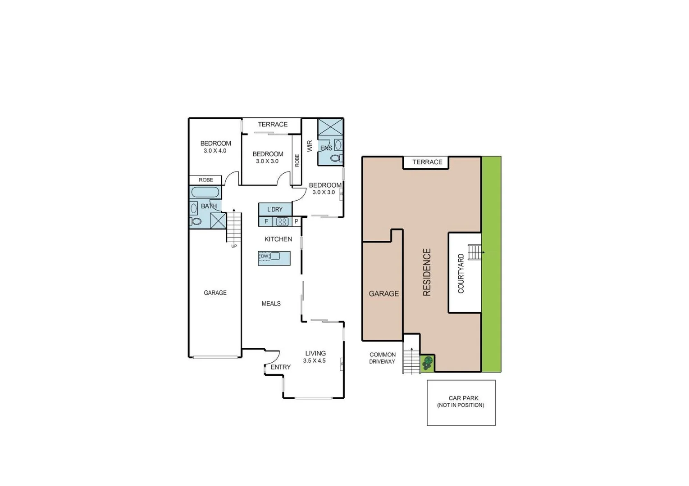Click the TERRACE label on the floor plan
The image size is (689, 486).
click(x=273, y=125)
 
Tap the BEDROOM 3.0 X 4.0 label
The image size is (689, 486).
click(x=215, y=147)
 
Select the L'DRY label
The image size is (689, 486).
click(x=275, y=209)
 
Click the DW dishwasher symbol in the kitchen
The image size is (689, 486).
click(x=265, y=256)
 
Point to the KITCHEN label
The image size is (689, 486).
click(x=278, y=239)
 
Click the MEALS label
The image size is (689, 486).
click(x=271, y=304)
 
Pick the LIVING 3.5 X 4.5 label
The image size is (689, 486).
click(x=315, y=357)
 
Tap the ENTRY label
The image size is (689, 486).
click(x=280, y=367)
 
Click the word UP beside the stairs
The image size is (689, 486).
click(x=234, y=246)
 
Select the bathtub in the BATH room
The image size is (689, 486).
click(x=205, y=192)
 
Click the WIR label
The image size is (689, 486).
click(x=310, y=146)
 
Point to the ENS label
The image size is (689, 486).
click(x=326, y=148)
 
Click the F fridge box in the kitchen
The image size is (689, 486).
click(x=266, y=221)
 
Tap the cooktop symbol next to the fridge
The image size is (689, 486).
click(x=283, y=221)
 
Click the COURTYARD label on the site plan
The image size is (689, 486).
click(x=461, y=274)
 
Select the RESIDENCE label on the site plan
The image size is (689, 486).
click(x=427, y=272)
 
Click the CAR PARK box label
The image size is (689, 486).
click(x=461, y=401)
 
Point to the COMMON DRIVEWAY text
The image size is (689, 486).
click(x=382, y=358)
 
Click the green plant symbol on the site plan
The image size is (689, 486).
click(x=427, y=363)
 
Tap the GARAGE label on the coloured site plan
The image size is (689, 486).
click(x=383, y=294)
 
